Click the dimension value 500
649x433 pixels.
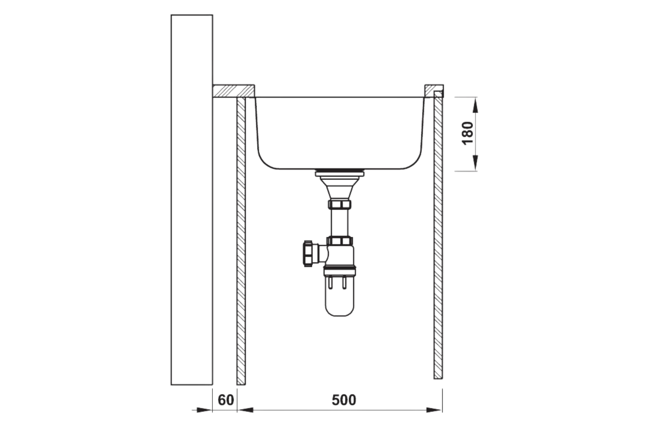tap(344, 400)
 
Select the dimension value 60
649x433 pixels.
tap(225, 400)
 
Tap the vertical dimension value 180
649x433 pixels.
tap(468, 133)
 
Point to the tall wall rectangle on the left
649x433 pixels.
tap(192, 199)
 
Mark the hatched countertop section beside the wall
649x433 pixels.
tap(233, 91)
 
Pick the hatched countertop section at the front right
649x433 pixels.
tap(433, 90)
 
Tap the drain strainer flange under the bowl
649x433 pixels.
tap(340, 174)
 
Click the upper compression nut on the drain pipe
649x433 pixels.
tap(340, 204)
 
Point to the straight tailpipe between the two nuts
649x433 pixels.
tap(340, 223)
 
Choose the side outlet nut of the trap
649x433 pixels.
tap(308, 253)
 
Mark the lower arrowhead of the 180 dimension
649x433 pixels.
tap(475, 163)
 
